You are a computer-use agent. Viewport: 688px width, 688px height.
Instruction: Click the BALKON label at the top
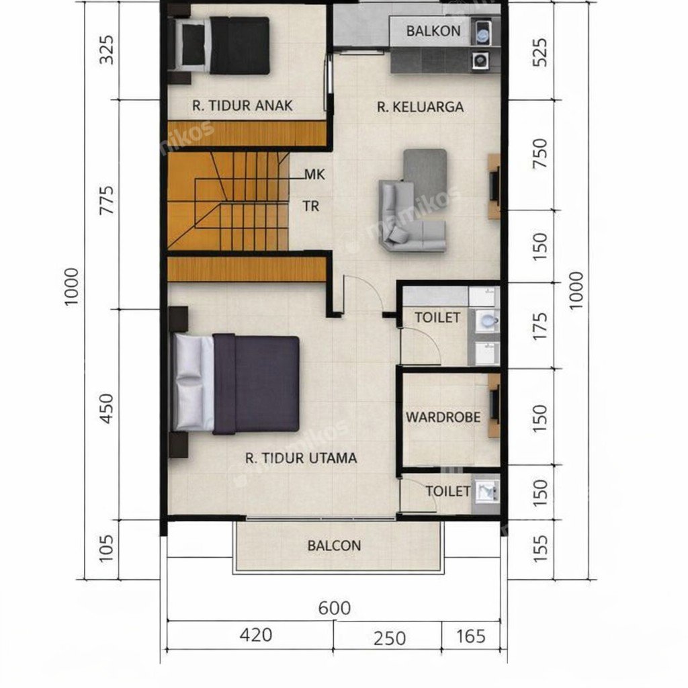[x=433, y=31]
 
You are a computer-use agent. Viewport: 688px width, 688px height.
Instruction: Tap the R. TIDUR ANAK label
[x=242, y=105]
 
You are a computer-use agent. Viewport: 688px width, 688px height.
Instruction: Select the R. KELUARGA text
[x=420, y=107]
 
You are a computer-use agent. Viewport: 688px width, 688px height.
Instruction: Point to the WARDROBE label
[x=443, y=417]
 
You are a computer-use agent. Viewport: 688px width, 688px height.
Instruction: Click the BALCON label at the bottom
[x=334, y=546]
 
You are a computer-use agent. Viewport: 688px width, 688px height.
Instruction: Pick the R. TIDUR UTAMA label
[x=300, y=458]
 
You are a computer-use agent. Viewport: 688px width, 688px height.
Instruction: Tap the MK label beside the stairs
[x=314, y=175]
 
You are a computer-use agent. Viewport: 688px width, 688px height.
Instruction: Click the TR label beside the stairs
[x=311, y=206]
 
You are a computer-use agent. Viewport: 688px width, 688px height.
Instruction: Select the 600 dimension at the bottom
[x=335, y=609]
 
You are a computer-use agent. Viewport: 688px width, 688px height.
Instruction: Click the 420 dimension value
[x=256, y=636]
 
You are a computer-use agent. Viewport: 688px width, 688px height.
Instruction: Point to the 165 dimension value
[x=471, y=637]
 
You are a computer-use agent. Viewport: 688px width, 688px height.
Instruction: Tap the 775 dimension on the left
[x=107, y=200]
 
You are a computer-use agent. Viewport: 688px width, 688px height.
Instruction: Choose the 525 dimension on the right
[x=540, y=52]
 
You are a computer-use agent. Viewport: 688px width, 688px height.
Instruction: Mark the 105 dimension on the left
[x=106, y=548]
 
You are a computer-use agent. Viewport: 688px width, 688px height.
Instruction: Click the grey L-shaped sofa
[x=413, y=216]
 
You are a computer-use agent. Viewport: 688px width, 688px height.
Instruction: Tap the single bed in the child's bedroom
[x=222, y=46]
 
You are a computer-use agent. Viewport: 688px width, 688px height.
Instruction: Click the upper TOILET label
[x=437, y=318]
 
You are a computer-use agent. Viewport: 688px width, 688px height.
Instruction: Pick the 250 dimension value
[x=390, y=638]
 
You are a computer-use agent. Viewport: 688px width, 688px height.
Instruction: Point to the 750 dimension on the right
[x=540, y=154]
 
